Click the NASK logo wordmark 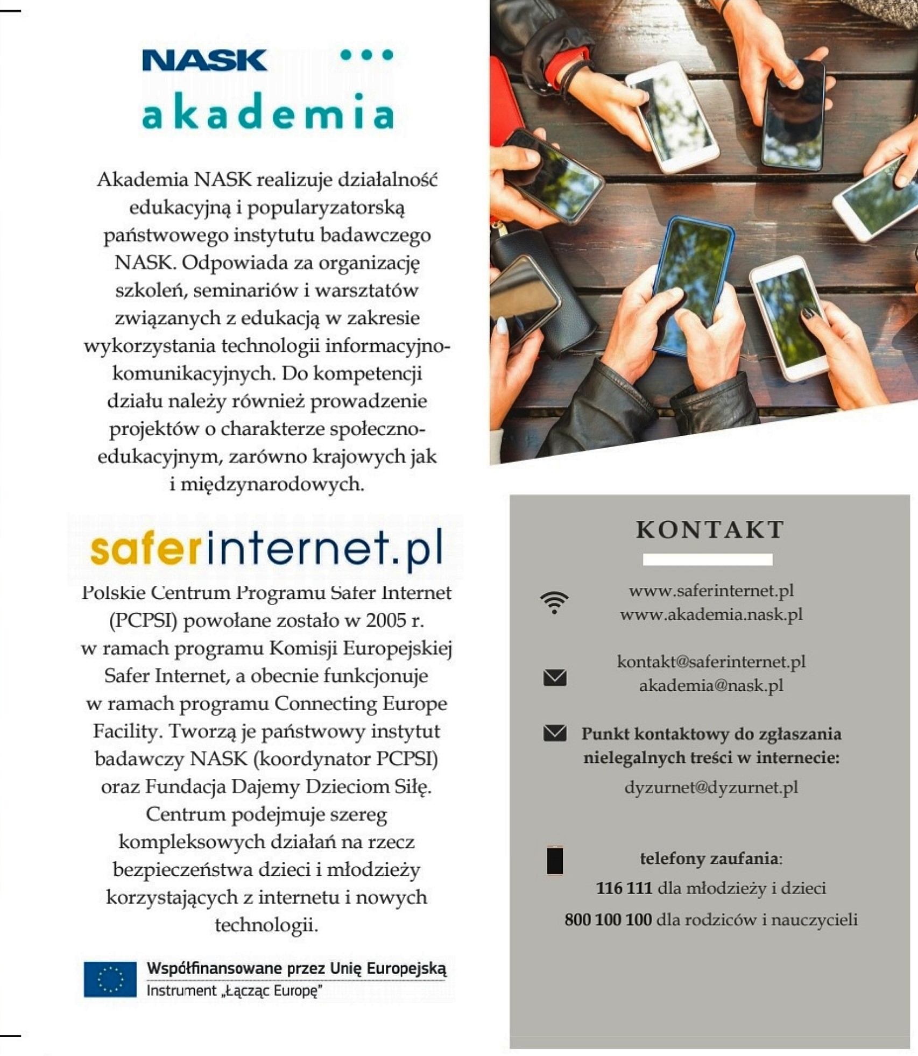pos(204,60)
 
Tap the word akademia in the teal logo pos(267,112)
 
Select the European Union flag pos(110,979)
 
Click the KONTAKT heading pos(710,530)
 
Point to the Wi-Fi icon pos(554,603)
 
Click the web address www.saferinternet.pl pos(711,591)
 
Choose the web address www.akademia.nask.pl pos(711,614)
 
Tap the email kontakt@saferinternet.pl pos(711,661)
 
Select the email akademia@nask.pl pos(711,685)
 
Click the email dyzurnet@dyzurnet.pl pos(711,787)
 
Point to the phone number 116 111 pos(624,888)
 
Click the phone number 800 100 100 pos(608,919)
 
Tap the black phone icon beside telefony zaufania pos(555,860)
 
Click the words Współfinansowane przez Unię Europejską pos(296,969)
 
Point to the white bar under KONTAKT pos(708,559)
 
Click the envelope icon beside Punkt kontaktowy pos(555,733)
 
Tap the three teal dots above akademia pos(367,55)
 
